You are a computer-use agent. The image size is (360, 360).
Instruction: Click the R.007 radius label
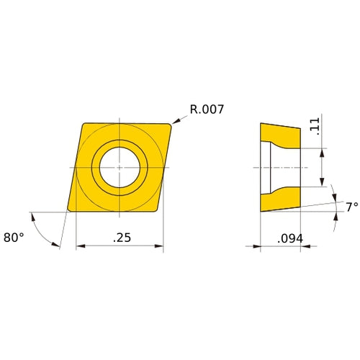[x=207, y=109]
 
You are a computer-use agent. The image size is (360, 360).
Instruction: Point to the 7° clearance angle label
[x=351, y=207]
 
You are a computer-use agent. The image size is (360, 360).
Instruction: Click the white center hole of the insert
[x=120, y=167]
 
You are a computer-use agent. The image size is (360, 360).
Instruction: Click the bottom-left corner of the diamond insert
[x=68, y=210]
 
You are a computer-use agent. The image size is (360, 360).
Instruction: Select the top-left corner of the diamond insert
[x=84, y=125]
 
